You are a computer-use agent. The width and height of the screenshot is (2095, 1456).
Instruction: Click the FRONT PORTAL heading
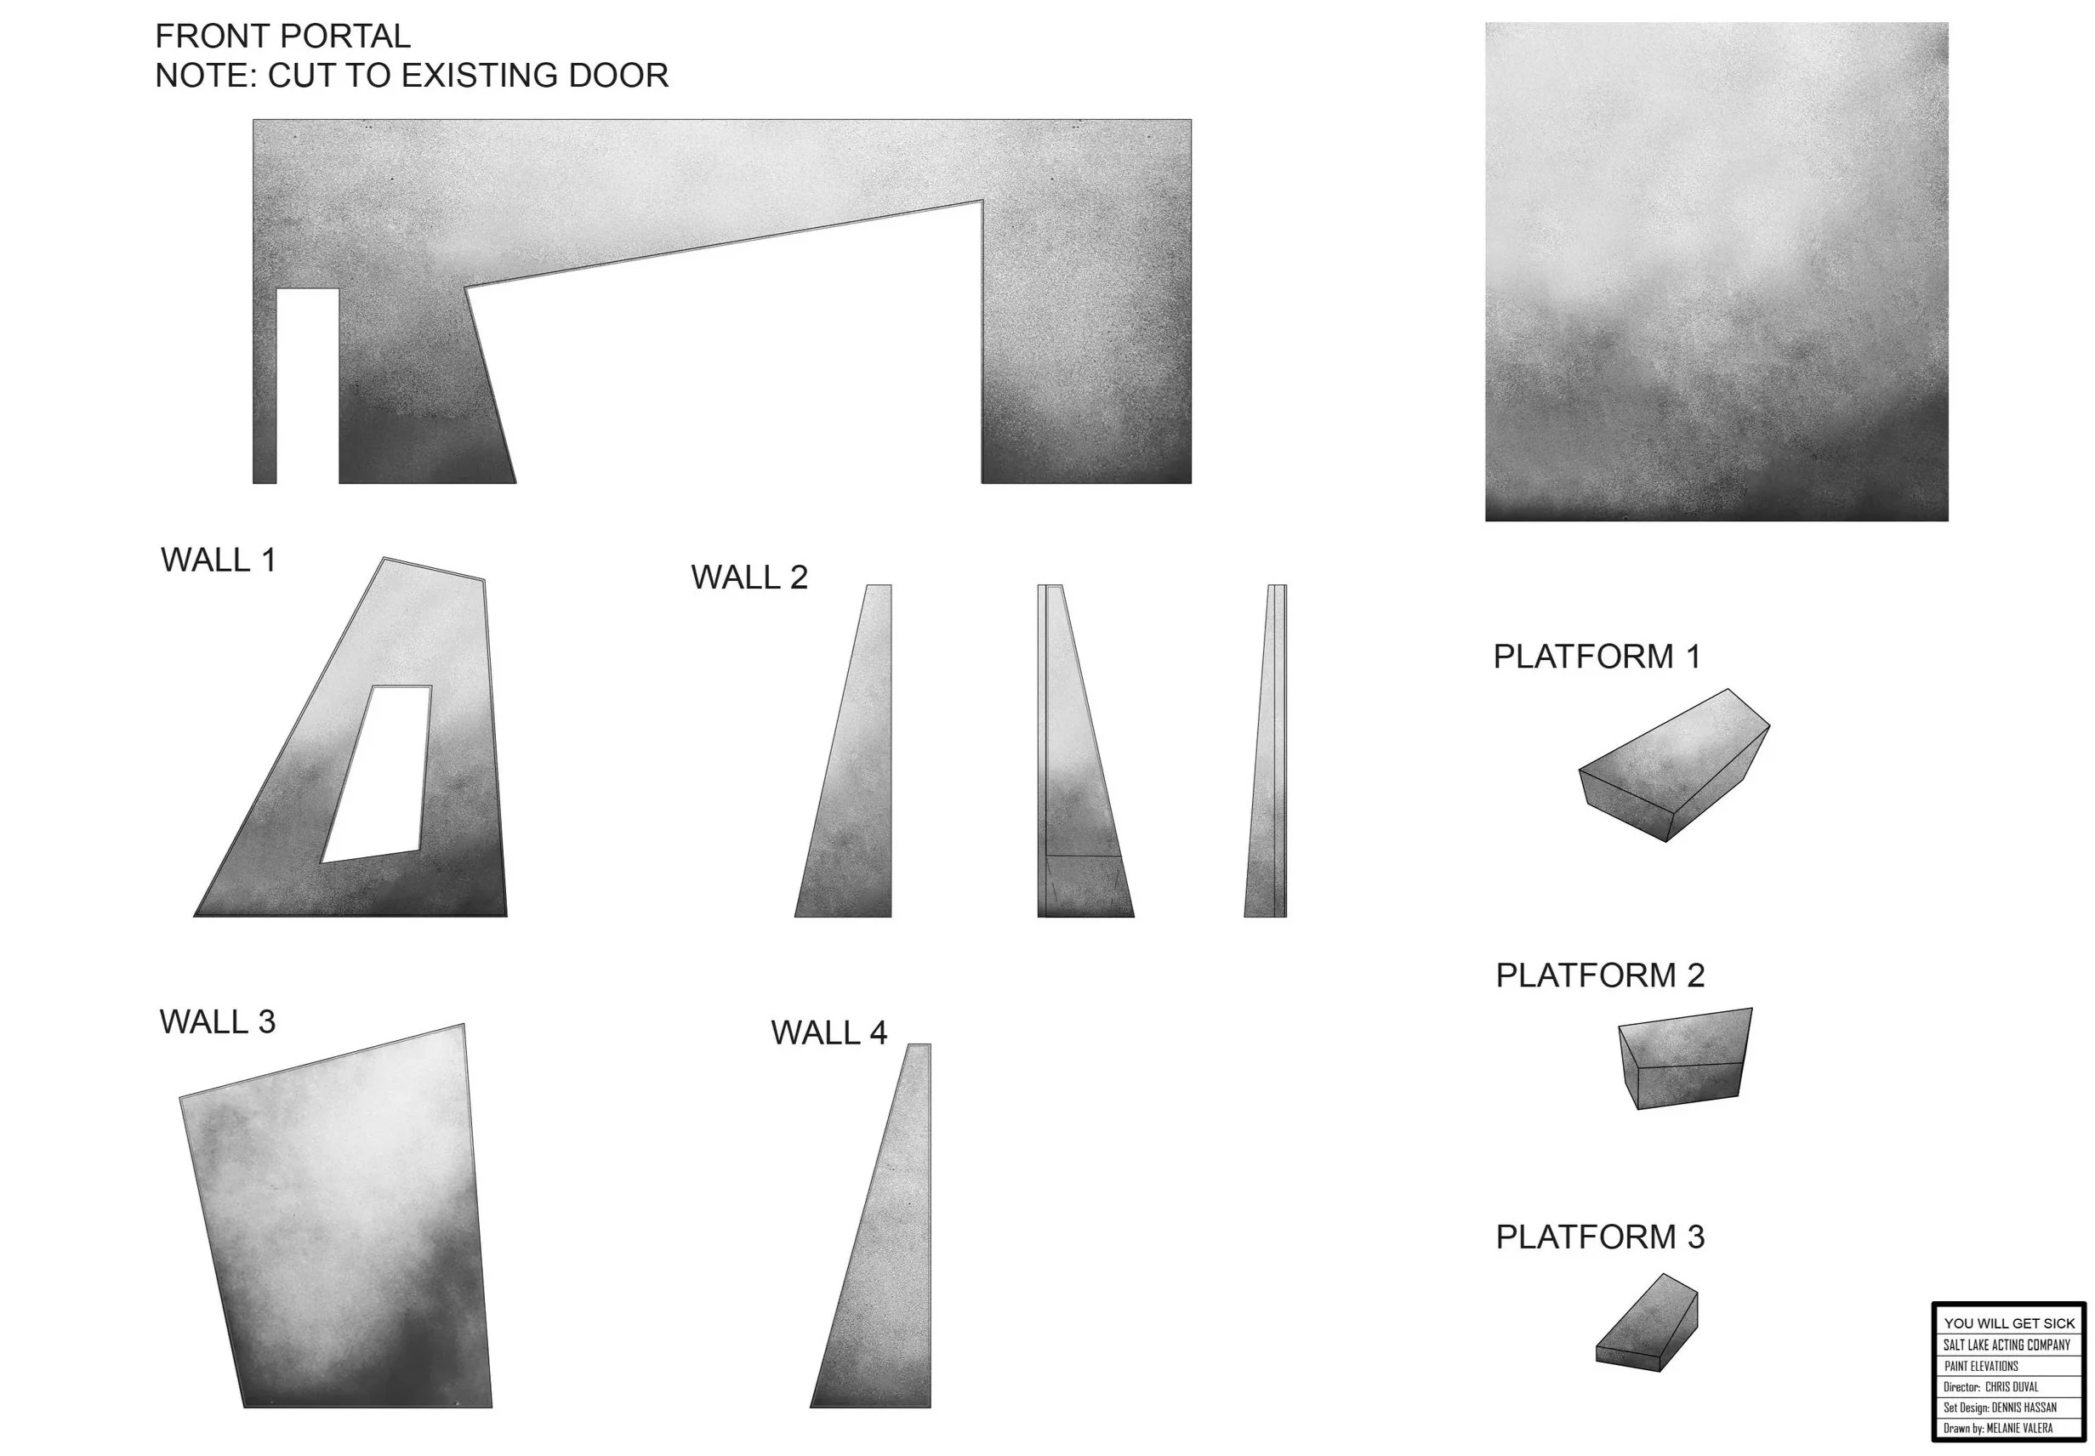(283, 37)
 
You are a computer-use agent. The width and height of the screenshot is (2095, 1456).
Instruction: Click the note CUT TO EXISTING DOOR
(412, 76)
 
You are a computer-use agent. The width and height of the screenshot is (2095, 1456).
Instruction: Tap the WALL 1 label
(218, 560)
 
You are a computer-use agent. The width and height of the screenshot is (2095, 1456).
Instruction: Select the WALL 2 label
(749, 577)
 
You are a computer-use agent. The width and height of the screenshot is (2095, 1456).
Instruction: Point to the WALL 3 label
(217, 1021)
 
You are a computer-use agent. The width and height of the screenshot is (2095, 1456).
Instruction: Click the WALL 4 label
(828, 1032)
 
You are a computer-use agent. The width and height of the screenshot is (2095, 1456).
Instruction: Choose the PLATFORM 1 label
(1597, 657)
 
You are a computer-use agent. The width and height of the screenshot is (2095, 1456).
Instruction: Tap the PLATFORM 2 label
(1600, 975)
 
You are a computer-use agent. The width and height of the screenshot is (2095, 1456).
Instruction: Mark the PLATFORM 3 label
(1600, 1237)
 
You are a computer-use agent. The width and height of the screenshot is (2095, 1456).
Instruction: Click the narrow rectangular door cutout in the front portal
(308, 385)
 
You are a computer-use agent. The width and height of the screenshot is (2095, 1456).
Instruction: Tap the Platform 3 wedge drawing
(1648, 1325)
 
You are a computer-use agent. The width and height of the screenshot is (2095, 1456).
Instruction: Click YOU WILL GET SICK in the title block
(2009, 1322)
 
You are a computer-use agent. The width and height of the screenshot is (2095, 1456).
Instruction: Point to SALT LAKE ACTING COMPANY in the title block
(2007, 1345)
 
